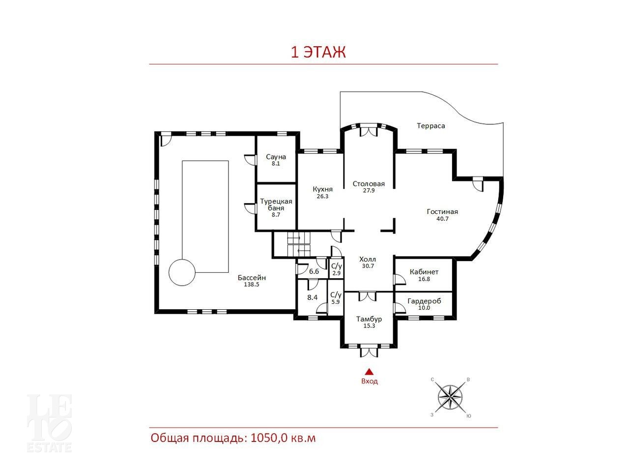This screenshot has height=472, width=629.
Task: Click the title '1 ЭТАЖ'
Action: point(318,52)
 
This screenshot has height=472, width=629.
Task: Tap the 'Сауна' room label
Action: point(276,157)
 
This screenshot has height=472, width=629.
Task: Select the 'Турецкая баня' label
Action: point(276,205)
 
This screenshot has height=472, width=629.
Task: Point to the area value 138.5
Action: point(251,284)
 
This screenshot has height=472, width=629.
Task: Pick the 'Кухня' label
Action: point(323,189)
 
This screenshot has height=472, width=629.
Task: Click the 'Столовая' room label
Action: point(369,184)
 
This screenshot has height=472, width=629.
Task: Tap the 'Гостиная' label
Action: point(442,211)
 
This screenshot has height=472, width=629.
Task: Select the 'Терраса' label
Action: point(430,126)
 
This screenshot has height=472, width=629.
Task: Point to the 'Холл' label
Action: point(368,259)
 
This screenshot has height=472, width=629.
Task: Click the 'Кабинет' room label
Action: point(424,272)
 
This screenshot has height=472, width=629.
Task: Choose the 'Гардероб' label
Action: point(424,301)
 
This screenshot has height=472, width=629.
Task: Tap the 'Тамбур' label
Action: point(369,319)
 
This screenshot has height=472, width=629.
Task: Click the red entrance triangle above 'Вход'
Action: point(369,372)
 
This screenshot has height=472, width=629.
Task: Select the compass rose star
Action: point(450,397)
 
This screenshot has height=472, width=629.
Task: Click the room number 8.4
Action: point(313,297)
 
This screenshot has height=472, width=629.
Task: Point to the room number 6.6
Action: point(314,271)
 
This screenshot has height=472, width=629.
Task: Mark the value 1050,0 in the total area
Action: point(268,438)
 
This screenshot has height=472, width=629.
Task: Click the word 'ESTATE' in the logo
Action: point(49,447)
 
